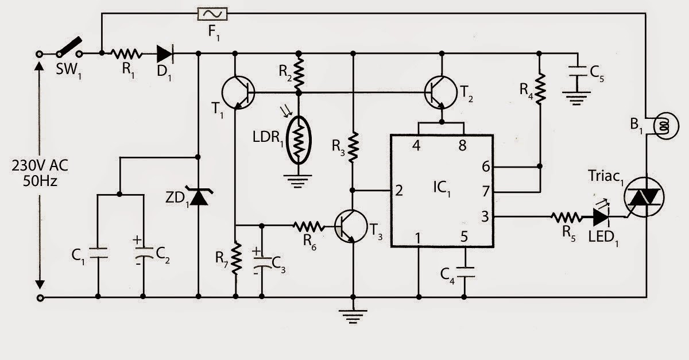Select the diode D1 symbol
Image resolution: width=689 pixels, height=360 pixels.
coord(165,53)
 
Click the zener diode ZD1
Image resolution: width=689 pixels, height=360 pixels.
coord(198,197)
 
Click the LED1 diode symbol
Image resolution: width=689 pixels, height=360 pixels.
coord(601,216)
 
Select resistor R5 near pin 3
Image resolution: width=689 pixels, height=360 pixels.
coord(566,216)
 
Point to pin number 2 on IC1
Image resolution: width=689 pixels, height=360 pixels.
coord(399,190)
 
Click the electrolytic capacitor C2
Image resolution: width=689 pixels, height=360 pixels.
coord(143,253)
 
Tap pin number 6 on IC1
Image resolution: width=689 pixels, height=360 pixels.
coord(485,167)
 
